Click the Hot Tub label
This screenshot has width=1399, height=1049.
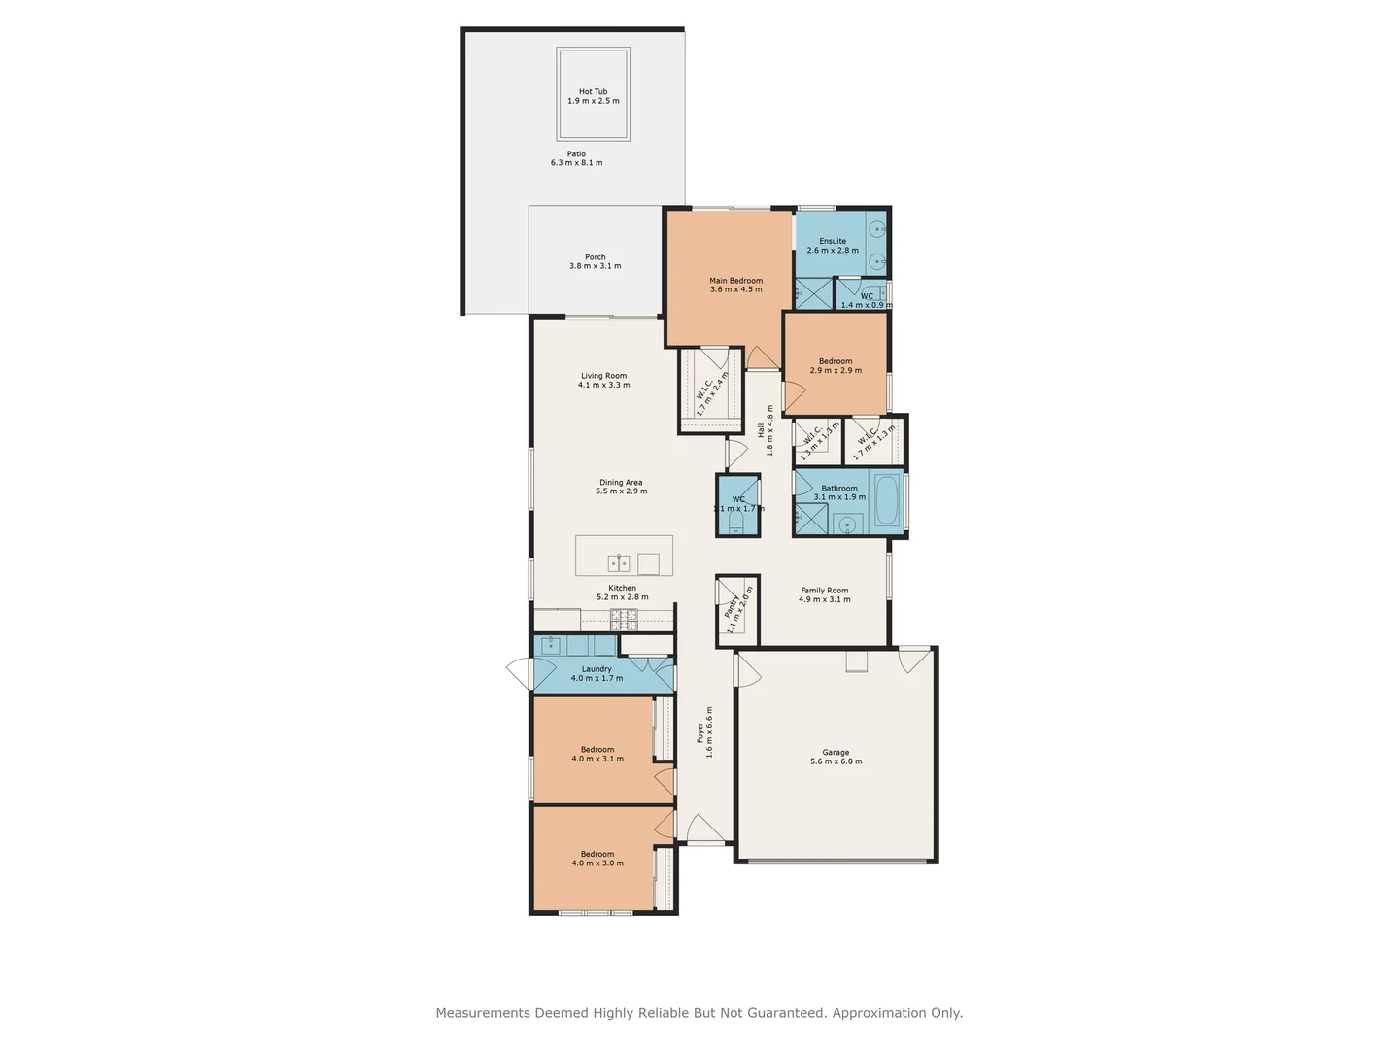(x=593, y=92)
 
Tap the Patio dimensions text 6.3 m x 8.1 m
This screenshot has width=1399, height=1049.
(x=576, y=163)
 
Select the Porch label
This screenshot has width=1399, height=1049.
(x=595, y=257)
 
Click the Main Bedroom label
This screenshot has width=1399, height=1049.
(x=735, y=281)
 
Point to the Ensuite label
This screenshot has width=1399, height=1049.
(x=832, y=241)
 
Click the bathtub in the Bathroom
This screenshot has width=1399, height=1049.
(x=887, y=500)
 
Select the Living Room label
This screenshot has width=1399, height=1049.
(x=603, y=376)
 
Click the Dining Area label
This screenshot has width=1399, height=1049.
(x=621, y=483)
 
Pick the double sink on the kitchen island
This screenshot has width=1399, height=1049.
(x=619, y=562)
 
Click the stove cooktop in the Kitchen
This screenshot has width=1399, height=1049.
(x=624, y=618)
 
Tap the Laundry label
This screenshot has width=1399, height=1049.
(x=597, y=669)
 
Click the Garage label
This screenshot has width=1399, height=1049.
(x=836, y=753)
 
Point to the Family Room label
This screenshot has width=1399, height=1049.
(x=824, y=591)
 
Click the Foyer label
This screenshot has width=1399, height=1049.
(x=699, y=732)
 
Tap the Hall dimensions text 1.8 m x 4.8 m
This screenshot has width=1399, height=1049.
(x=770, y=430)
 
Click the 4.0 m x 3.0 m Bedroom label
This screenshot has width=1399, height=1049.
(x=597, y=855)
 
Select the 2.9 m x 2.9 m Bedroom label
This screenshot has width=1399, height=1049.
(x=835, y=361)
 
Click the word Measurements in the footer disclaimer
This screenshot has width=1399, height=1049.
(x=483, y=1013)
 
